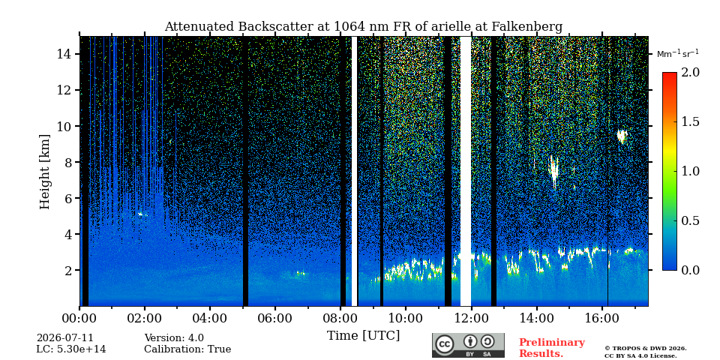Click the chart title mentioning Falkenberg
click(363, 27)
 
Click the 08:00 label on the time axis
click(340, 318)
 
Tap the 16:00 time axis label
click(601, 318)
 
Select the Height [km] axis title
click(44, 172)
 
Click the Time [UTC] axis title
click(363, 336)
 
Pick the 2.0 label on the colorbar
click(690, 73)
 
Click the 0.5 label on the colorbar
click(690, 220)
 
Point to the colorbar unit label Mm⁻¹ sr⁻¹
click(678, 54)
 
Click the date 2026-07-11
click(64, 338)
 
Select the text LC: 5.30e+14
click(71, 349)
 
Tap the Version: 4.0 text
click(174, 338)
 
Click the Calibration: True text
click(187, 349)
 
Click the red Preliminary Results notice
click(552, 348)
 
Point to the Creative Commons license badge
click(468, 345)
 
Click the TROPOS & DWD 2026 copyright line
click(646, 349)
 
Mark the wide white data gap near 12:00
click(466, 171)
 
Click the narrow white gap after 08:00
click(354, 171)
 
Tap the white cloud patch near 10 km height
click(622, 136)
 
